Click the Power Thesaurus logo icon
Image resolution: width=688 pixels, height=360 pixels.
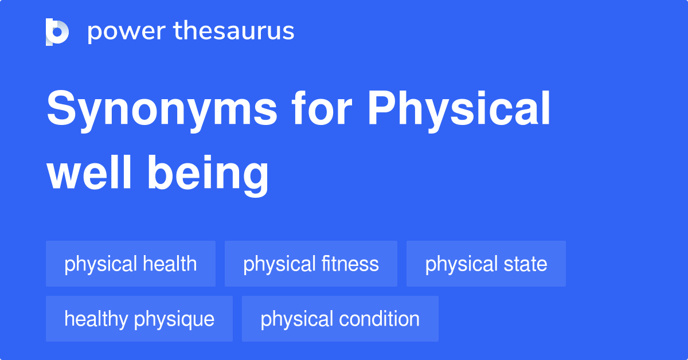(57, 32)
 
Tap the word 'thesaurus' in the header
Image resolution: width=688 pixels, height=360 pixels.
(234, 31)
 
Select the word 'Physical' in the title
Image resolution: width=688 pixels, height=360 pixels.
(459, 110)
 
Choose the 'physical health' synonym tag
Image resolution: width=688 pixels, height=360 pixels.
(131, 264)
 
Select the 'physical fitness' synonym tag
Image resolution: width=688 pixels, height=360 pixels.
(311, 264)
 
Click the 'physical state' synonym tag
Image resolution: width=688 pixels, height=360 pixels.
(486, 264)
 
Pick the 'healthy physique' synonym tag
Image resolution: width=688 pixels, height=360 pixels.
(139, 319)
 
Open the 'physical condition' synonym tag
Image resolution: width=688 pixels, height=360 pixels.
(340, 319)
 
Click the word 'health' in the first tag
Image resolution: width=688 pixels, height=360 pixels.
(170, 264)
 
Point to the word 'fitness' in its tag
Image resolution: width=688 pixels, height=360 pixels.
(350, 264)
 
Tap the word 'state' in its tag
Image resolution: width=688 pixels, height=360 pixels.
(525, 264)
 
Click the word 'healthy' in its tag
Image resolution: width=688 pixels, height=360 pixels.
(97, 319)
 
